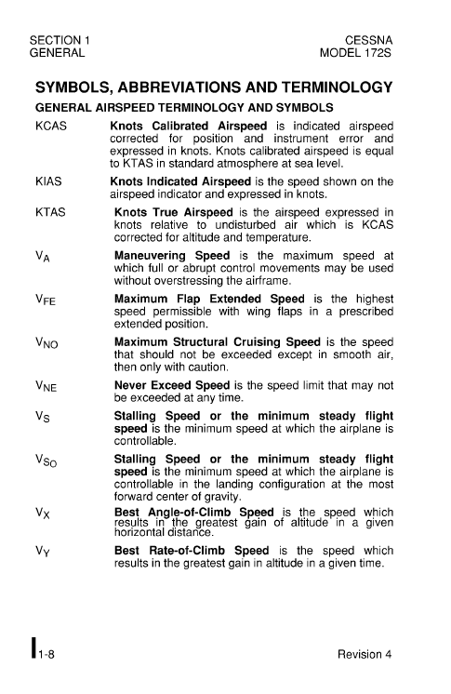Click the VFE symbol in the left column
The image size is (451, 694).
tap(46, 301)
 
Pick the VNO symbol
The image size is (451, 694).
tap(47, 346)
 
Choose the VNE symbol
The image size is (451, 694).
tap(46, 391)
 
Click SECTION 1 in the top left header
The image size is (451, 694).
tap(61, 40)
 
